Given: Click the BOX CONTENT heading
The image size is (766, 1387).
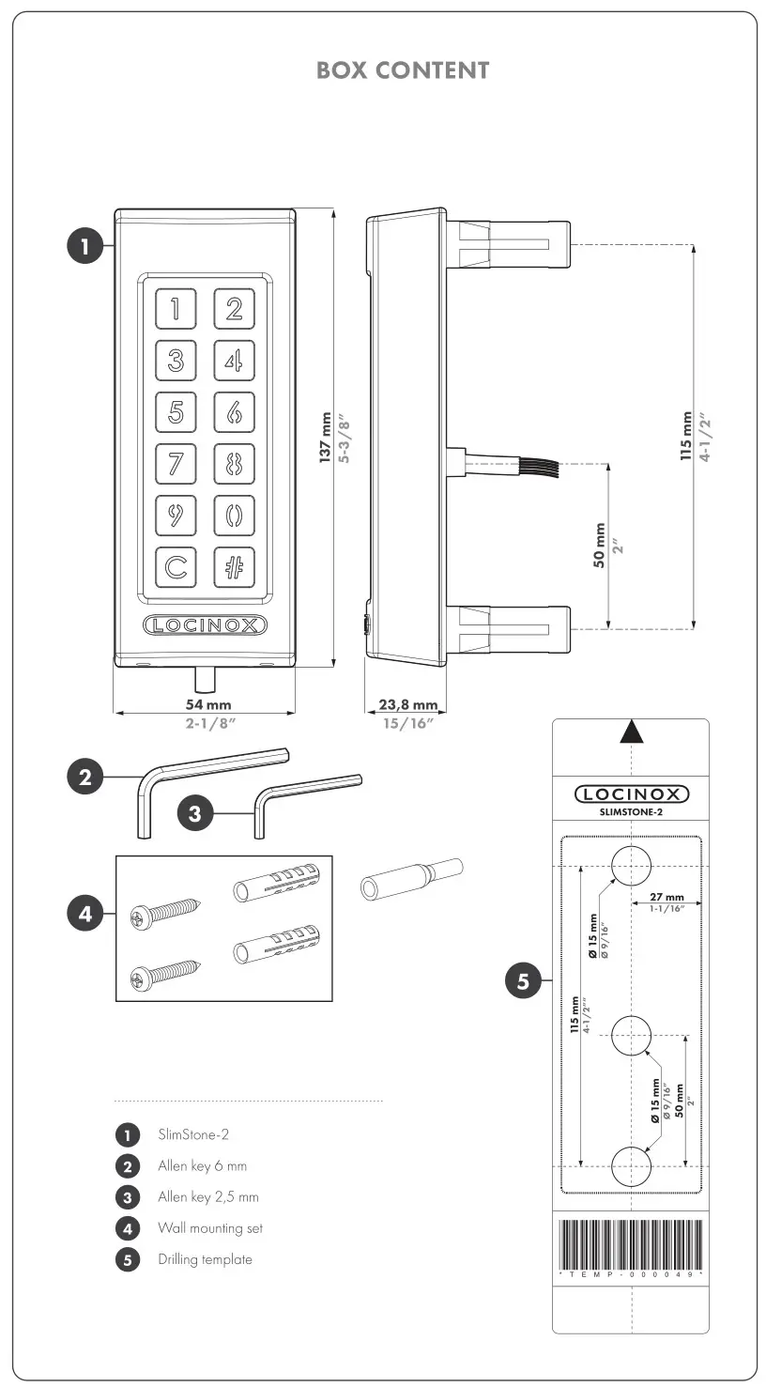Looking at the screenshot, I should point(403,70).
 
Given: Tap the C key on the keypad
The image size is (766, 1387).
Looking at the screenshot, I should point(176,567).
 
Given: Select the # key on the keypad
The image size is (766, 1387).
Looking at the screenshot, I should point(234,567).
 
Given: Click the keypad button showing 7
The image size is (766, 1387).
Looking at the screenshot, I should point(176,464).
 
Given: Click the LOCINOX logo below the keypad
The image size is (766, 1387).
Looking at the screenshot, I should point(205,625).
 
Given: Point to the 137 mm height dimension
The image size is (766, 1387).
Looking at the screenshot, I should point(326,438).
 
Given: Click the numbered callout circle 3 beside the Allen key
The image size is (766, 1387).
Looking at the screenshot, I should point(195,813).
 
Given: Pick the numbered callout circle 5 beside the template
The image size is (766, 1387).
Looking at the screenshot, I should point(523,982).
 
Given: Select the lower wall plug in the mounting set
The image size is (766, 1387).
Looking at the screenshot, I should point(276,947).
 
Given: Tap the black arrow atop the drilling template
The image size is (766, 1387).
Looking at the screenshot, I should point(632,732).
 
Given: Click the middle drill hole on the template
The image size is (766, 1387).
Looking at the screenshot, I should point(631,1036).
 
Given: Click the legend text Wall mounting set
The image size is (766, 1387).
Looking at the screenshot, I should point(210,1228).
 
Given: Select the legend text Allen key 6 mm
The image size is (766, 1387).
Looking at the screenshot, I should point(202,1166).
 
